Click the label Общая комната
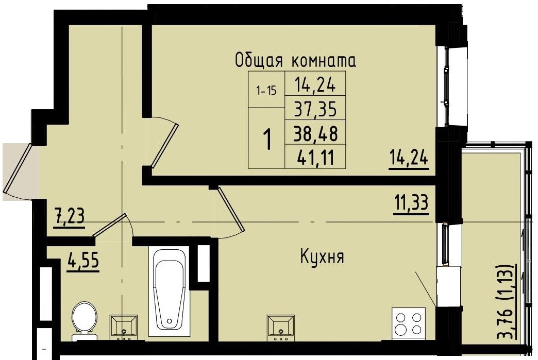point(295,61)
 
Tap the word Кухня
point(322,256)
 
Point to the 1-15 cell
point(266,91)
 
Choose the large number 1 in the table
point(267,139)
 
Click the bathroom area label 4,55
point(83,261)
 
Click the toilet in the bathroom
point(84,319)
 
